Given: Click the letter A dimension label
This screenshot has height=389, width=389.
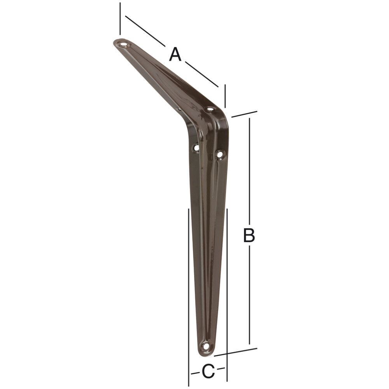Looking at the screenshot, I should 175,54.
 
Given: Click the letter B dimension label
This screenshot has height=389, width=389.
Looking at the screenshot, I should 249,235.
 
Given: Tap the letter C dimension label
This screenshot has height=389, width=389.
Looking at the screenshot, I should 208,371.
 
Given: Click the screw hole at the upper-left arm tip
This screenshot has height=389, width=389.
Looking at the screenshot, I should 125,44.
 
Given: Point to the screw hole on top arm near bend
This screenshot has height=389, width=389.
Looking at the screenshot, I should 210,109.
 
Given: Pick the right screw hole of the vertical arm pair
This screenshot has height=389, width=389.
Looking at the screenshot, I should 220,154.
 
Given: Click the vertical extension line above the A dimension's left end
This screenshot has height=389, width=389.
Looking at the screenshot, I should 120,18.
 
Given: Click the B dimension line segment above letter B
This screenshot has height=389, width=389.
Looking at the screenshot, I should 249,171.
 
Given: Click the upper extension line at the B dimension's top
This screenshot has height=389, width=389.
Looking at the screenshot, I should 244,114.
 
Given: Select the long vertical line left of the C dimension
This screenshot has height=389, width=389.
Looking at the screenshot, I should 189,292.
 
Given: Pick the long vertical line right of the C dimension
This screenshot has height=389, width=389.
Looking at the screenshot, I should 227,292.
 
